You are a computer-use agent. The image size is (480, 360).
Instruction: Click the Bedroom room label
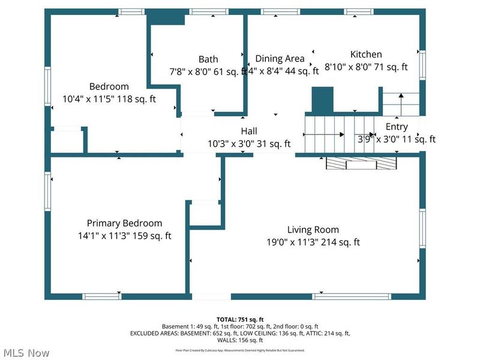coord(109,86)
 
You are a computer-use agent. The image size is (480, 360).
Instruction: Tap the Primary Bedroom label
coord(124,223)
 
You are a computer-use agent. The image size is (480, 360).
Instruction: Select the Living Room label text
coord(313,230)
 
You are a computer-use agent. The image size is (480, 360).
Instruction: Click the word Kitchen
coord(366,55)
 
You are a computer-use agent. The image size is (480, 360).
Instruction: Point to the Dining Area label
coord(280,59)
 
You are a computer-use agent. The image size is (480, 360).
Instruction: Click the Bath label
coord(208,59)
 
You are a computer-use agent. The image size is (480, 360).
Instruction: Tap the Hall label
coord(249,131)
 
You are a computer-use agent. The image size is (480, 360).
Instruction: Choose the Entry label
coord(397,127)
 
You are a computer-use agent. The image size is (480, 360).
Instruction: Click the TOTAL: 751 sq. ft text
coord(240,319)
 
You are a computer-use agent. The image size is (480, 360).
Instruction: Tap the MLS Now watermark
coord(26,353)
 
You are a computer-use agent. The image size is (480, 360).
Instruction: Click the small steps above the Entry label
coord(401,104)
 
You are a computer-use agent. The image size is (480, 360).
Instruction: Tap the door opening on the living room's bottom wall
coord(211,296)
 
